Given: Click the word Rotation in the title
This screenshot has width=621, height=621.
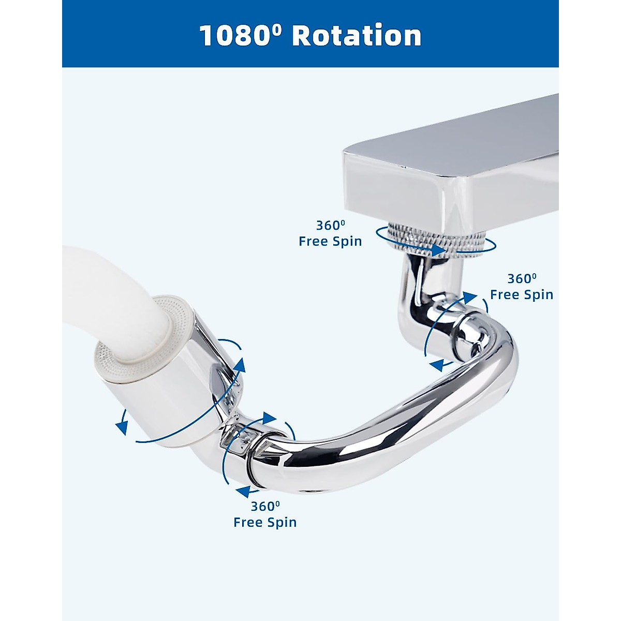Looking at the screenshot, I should (357, 36).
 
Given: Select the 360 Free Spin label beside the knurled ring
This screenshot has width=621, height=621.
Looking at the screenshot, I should (330, 233).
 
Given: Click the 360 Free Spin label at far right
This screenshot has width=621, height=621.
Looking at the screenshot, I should (522, 287).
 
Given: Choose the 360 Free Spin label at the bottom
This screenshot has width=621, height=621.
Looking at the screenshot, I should (265, 514).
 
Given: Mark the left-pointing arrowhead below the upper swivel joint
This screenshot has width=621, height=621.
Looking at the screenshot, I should (437, 365).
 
